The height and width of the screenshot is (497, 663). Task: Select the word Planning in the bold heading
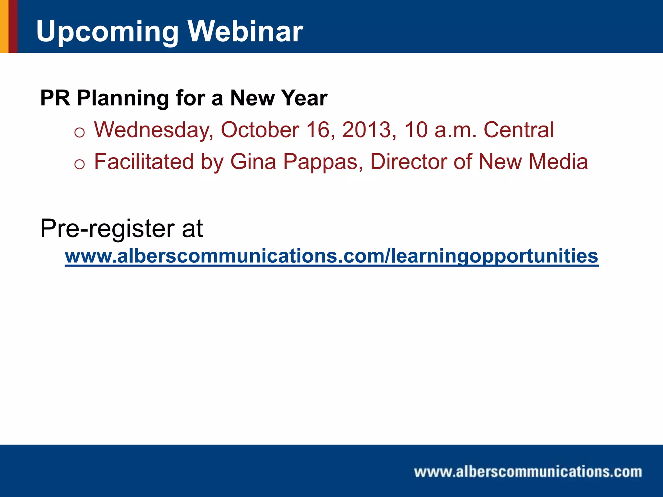click(x=123, y=98)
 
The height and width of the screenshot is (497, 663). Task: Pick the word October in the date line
click(x=260, y=130)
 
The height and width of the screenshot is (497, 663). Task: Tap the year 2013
click(x=367, y=130)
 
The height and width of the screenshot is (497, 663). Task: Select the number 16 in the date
click(x=321, y=130)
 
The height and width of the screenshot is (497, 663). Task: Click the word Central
click(x=519, y=130)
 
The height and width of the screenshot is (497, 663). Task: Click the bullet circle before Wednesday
click(x=79, y=133)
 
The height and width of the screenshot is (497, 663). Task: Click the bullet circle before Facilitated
click(x=79, y=164)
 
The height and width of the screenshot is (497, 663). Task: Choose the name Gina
click(x=253, y=161)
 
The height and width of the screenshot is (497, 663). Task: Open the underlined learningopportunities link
click(x=331, y=256)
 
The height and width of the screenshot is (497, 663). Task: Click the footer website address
click(x=528, y=471)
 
